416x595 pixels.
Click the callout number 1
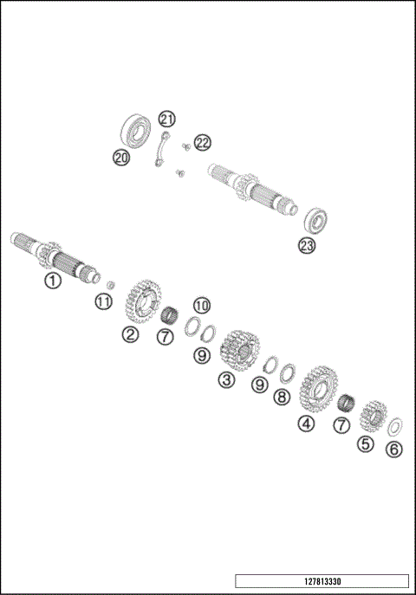53,281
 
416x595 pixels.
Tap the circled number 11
103,301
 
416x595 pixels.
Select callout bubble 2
130,334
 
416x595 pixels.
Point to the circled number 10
201,305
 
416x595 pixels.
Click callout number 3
226,379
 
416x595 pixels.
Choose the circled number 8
281,397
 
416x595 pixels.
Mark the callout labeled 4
305,424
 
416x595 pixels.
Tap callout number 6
394,449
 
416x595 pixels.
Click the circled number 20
121,157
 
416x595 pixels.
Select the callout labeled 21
166,119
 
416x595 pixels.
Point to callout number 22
201,141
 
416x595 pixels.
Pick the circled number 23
307,245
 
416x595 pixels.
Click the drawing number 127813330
321,581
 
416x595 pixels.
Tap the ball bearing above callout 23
322,220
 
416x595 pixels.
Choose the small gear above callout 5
373,415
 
